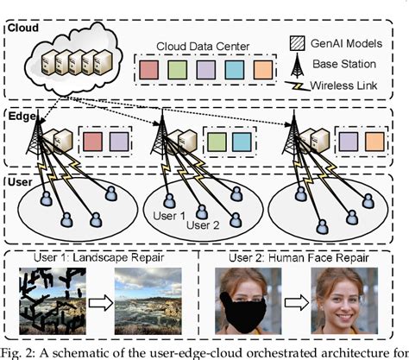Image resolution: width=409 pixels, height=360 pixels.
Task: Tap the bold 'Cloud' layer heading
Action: (x=23, y=28)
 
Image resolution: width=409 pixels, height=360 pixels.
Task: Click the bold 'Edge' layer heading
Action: (x=22, y=115)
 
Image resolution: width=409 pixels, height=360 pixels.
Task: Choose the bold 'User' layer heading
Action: (x=21, y=183)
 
